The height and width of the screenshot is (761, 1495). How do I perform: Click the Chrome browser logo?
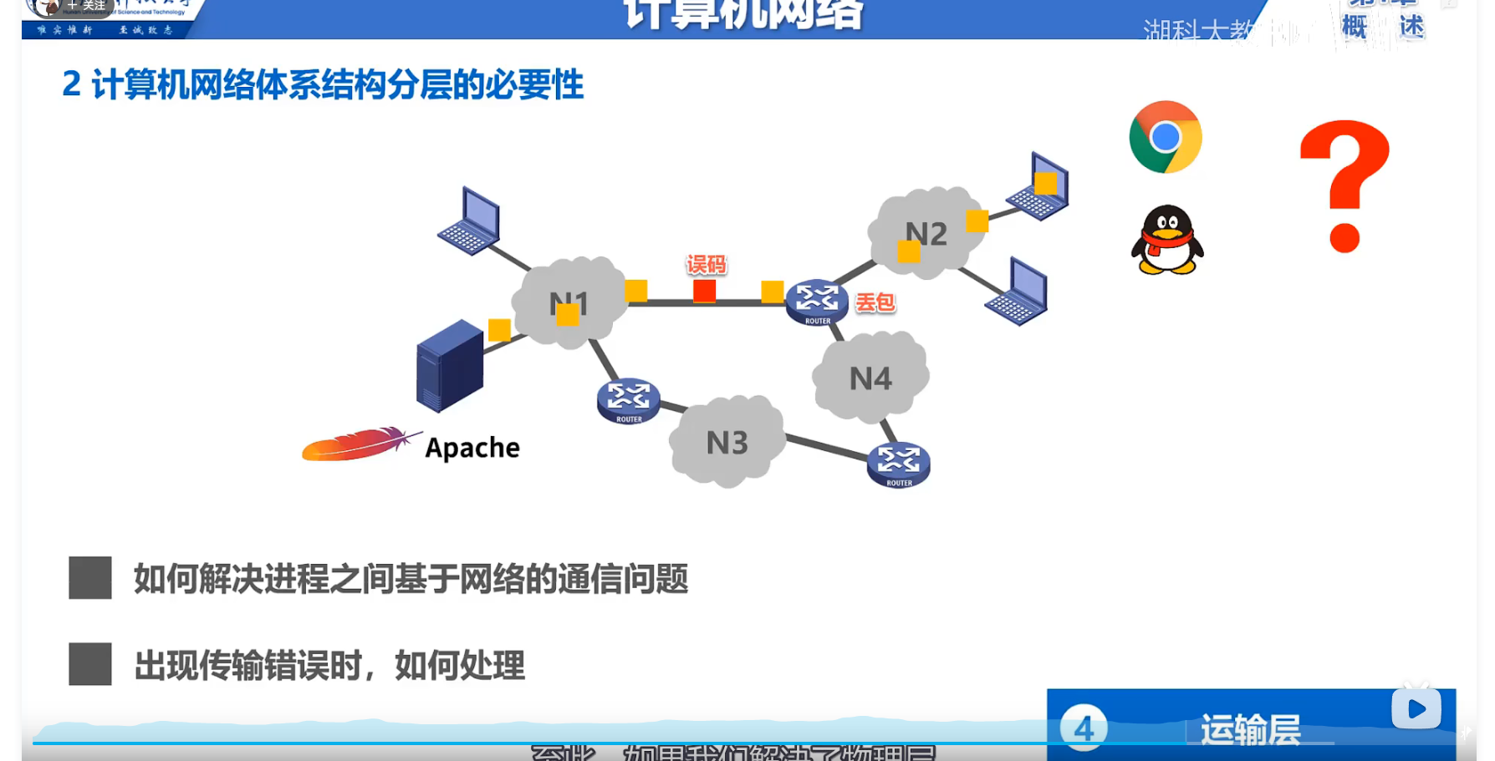1165,137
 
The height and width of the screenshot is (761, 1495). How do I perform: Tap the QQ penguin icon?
1167,241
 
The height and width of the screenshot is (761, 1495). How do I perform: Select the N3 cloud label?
727,443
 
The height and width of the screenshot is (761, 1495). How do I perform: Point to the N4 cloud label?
870,379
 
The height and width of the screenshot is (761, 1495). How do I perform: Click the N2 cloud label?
926,234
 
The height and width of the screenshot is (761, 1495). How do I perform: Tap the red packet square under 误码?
704,291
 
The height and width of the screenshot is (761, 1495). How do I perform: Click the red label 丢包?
875,302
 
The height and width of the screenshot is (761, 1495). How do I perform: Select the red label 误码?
707,265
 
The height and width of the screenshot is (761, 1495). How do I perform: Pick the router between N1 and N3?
629,400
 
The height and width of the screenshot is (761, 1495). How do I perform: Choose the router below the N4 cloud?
899,464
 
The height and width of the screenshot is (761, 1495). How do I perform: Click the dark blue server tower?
450,365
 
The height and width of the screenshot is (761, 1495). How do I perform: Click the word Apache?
472,449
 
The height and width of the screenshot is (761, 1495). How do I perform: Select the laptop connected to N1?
471,222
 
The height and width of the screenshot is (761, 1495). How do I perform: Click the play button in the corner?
1416,709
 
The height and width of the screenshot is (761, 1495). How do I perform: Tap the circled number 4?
1084,728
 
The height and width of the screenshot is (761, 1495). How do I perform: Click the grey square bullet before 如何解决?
90,578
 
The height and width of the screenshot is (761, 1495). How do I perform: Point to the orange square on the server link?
499,330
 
